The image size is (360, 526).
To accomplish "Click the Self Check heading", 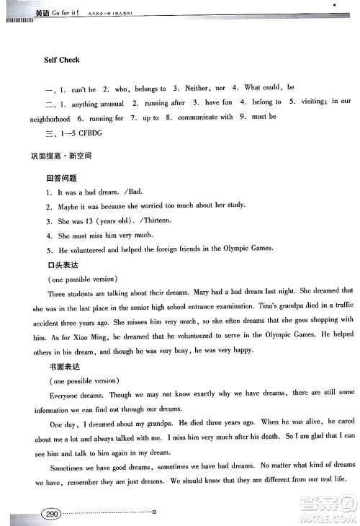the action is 60,61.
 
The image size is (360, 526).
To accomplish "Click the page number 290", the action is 51,514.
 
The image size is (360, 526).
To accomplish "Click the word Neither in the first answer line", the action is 197,88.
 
